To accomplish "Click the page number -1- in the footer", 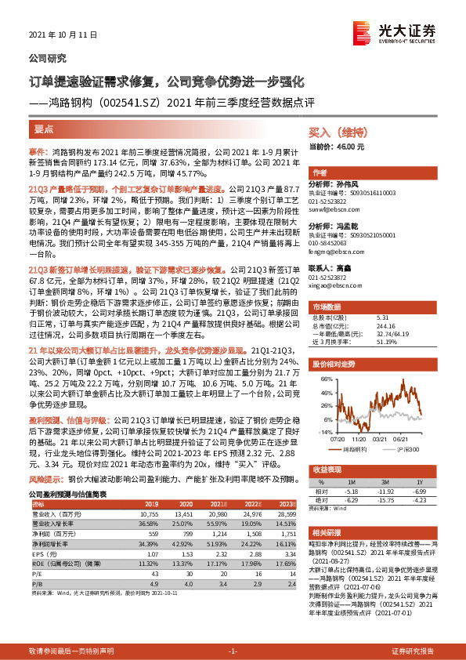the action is (233, 651).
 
